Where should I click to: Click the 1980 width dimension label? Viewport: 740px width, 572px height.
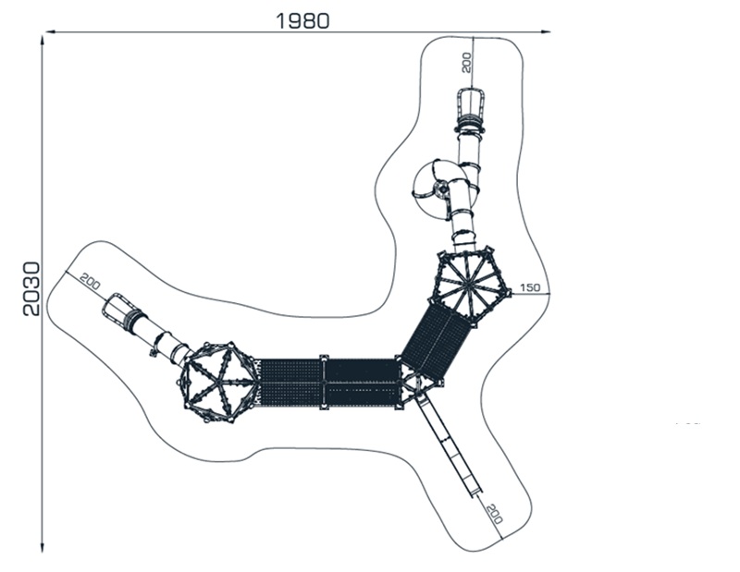pos(302,20)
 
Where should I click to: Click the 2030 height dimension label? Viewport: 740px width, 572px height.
pos(32,288)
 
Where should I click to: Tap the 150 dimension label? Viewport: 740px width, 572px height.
pos(530,287)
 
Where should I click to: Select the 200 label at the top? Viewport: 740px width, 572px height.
pos(466,62)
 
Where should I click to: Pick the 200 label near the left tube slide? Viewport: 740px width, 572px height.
pos(90,281)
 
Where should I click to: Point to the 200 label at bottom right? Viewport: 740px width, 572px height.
pos(494,514)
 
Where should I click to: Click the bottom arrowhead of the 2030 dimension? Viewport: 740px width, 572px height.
pos(43,547)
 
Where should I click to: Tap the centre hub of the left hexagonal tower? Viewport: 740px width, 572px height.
pos(219,382)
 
